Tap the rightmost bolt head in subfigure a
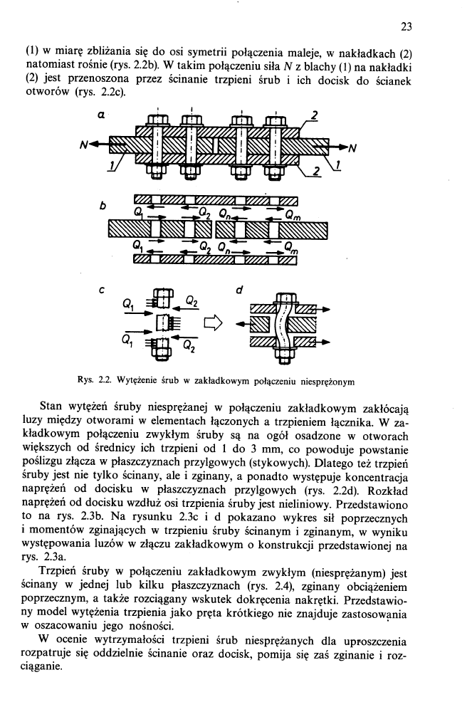coord(274,120)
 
